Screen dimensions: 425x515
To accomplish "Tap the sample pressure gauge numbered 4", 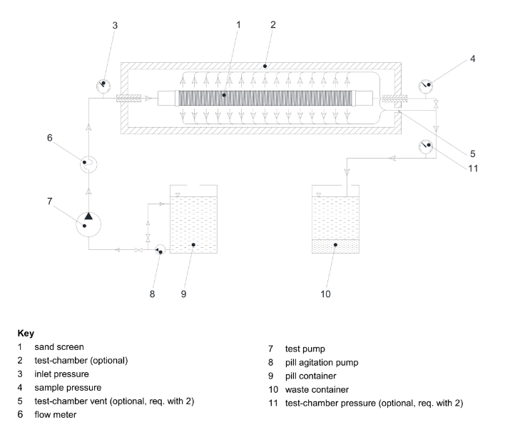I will (427, 86).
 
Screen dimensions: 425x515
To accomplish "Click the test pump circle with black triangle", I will (88, 221).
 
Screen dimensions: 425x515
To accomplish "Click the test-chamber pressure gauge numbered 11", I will (428, 146).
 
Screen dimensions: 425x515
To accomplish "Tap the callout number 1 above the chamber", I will (238, 24).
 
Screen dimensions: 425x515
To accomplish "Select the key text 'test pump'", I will (305, 348).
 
